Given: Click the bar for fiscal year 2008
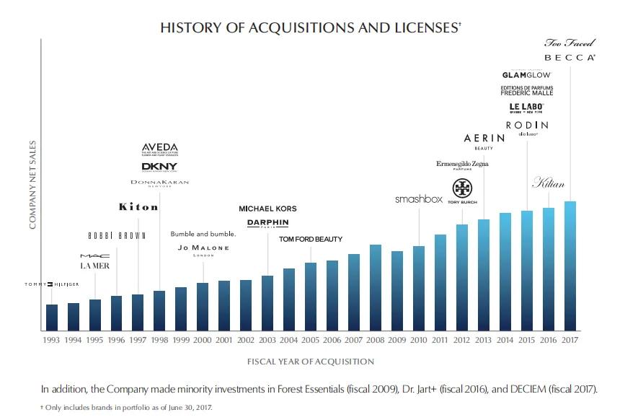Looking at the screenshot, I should click(x=376, y=287).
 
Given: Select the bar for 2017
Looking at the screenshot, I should click(x=570, y=266).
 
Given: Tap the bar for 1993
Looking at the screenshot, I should click(x=51, y=317).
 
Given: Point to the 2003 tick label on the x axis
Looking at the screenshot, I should click(x=267, y=339).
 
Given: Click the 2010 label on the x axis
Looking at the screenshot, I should click(x=419, y=339).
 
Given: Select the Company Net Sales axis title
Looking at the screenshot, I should click(x=33, y=186).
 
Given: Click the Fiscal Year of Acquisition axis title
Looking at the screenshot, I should click(x=311, y=361).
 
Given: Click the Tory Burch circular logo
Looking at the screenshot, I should click(x=461, y=188).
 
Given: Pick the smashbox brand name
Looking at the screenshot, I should click(x=418, y=198).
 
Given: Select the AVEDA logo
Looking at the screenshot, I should click(x=159, y=149).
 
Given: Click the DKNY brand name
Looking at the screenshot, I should click(x=159, y=167).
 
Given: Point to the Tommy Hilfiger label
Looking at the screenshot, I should click(x=49, y=284).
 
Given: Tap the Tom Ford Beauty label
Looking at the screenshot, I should click(x=311, y=239).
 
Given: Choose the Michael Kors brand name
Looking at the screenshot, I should click(x=267, y=209).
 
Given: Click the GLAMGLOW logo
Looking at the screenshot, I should click(x=526, y=74).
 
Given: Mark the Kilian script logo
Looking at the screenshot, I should click(x=547, y=183).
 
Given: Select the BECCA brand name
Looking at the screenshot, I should click(x=570, y=57).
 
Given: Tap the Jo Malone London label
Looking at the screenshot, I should click(x=203, y=249).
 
